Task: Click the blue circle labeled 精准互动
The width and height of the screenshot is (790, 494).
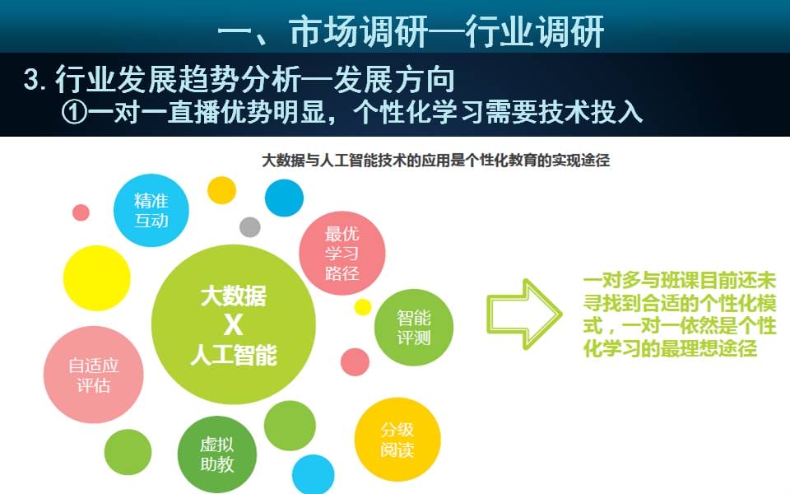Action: click(x=151, y=210)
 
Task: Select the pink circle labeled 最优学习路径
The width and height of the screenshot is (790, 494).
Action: click(x=342, y=253)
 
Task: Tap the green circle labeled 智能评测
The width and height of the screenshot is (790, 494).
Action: click(x=414, y=328)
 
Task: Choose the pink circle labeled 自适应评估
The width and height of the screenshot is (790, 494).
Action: click(x=94, y=375)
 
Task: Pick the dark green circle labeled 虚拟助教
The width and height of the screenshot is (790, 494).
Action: click(x=217, y=454)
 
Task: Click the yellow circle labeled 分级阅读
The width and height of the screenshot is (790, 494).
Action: click(x=397, y=440)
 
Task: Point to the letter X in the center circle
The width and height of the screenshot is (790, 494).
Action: click(x=233, y=325)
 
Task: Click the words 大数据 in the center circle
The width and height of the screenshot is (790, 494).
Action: click(x=233, y=296)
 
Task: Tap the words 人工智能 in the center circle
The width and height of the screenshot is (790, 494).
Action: click(x=234, y=355)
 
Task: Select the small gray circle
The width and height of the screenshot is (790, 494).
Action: click(x=250, y=227)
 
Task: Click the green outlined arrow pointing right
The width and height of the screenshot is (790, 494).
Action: click(x=524, y=314)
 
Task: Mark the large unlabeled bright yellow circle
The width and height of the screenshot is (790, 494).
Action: click(x=97, y=277)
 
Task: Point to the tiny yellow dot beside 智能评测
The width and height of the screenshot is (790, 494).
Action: click(x=363, y=307)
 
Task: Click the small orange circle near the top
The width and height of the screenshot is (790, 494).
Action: click(x=221, y=190)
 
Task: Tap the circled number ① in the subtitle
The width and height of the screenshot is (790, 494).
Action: click(x=75, y=112)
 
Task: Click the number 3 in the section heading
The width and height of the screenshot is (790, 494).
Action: click(x=32, y=80)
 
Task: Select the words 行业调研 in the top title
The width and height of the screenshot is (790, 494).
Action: click(x=535, y=31)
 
